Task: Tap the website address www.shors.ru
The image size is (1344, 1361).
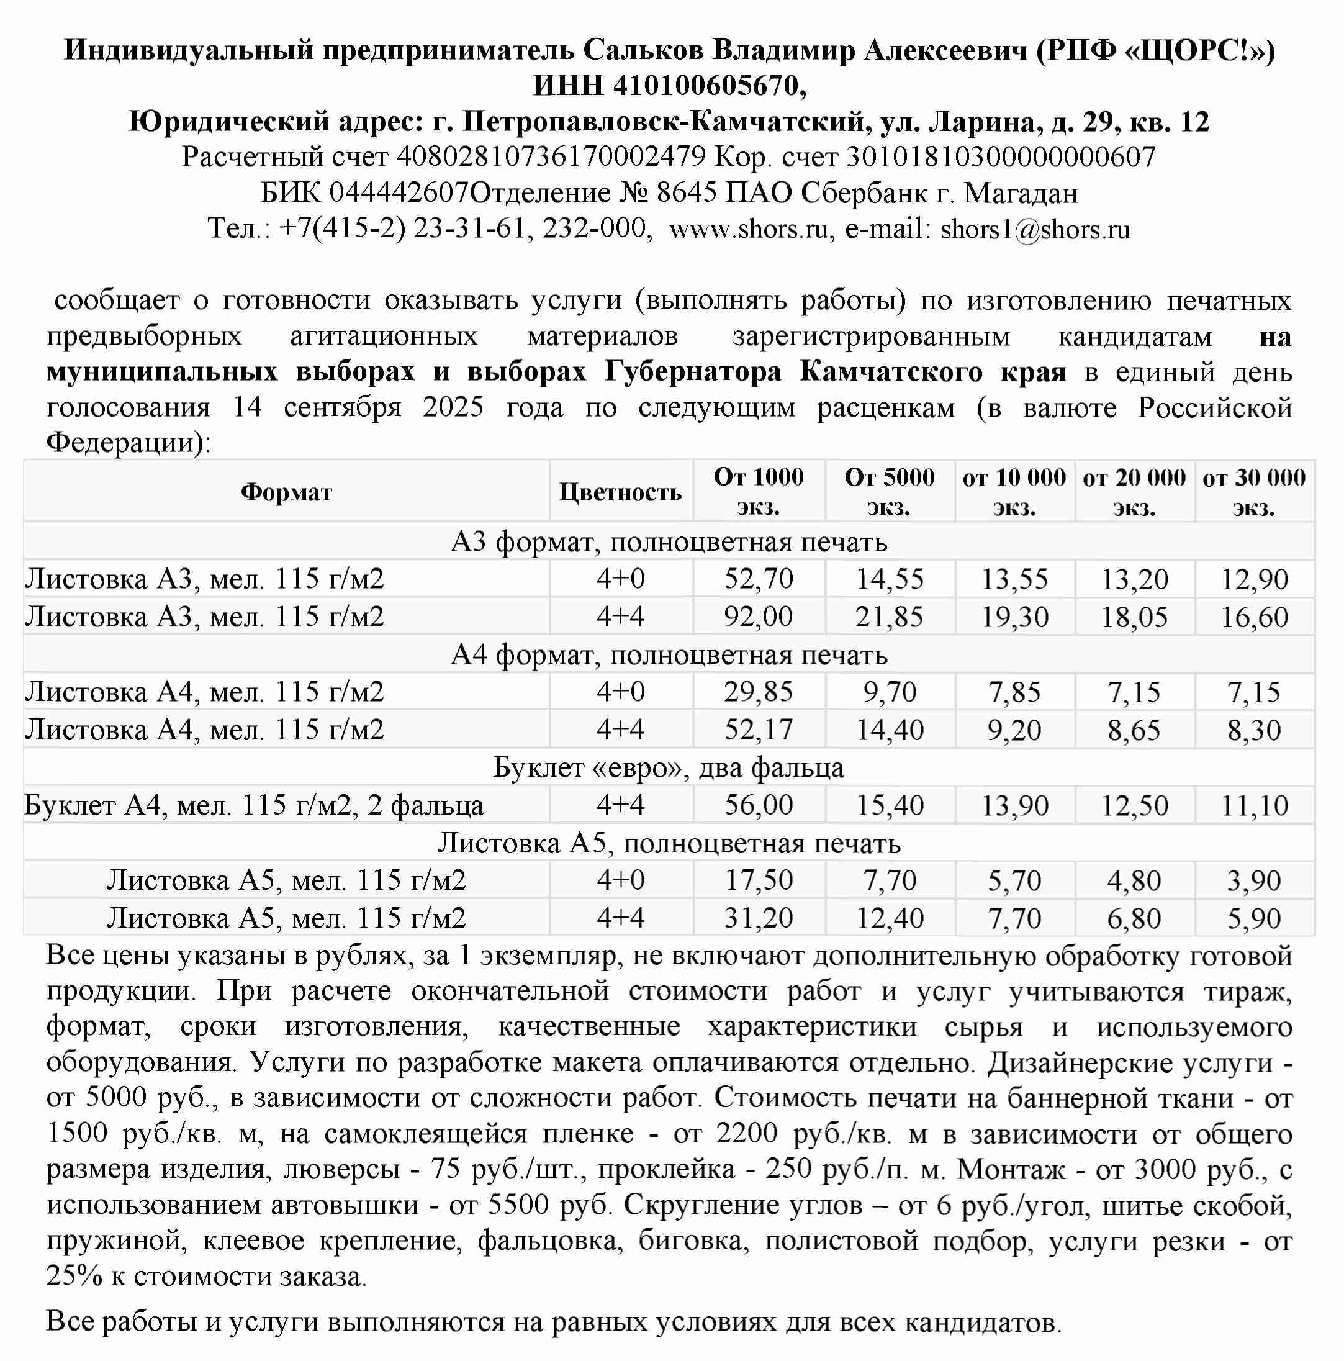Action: (748, 229)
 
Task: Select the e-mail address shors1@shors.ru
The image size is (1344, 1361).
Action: (1035, 229)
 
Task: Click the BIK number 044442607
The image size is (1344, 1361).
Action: (399, 193)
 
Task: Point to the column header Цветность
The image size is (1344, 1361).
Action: (620, 492)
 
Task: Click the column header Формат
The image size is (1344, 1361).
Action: (286, 492)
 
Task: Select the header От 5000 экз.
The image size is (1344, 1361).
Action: (889, 492)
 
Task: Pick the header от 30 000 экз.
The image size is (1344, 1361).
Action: (1254, 492)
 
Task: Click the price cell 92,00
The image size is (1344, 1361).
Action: (759, 617)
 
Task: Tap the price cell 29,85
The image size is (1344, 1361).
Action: (759, 692)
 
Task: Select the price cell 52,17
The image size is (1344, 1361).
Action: (759, 730)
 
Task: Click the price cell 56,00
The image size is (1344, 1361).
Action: (759, 805)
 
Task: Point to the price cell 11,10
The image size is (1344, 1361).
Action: (1254, 805)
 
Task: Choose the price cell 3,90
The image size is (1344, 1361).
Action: (1254, 880)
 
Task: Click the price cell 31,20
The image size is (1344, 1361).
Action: (759, 918)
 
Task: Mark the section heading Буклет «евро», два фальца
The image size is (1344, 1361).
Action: (668, 768)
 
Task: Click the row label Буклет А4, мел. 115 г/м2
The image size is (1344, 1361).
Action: (253, 805)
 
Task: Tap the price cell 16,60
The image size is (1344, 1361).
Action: (1254, 617)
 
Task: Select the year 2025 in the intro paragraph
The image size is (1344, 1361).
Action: (453, 408)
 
